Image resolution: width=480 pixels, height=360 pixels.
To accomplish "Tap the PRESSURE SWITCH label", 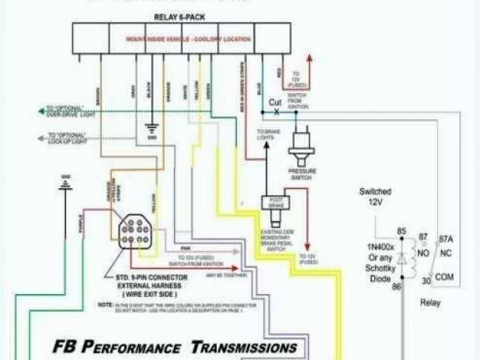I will click(x=302, y=174).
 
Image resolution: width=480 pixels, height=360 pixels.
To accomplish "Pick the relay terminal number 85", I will click(x=401, y=230).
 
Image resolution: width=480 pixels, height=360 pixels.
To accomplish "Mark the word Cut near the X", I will click(x=275, y=102).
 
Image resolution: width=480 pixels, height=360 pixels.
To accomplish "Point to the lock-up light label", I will click(x=67, y=139).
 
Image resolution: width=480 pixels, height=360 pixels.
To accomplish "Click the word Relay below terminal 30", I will click(x=430, y=303).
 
